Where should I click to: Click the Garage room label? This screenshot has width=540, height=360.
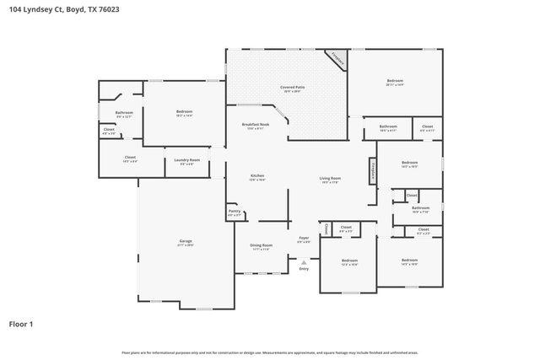185,242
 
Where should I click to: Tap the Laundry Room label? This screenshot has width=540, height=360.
186,160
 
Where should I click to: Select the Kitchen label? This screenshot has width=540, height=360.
257,176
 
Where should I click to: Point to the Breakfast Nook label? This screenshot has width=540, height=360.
255,126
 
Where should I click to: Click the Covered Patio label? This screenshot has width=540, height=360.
292,89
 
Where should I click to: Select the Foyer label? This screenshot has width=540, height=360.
304,239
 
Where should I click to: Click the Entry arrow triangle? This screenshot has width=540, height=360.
304,261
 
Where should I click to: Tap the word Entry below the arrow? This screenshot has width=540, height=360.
304,269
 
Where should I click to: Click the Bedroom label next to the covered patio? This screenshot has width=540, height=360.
395,82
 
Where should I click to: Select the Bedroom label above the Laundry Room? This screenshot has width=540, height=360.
184,112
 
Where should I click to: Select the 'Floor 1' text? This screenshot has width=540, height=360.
21,323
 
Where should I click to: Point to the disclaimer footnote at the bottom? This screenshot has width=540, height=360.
269,352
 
